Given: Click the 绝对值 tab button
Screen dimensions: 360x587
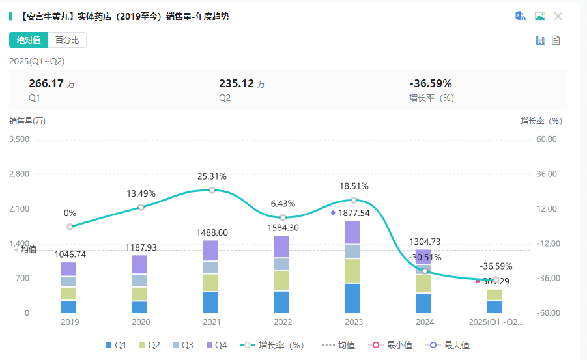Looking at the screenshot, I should pos(29,40).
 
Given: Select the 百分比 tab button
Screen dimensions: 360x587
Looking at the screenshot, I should pos(67,40).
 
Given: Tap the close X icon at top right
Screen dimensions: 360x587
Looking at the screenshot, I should pos(558,16).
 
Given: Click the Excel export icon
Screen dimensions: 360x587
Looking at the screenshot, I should pos(521,16).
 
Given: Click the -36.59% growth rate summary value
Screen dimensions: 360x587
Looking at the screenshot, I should pos(430,83).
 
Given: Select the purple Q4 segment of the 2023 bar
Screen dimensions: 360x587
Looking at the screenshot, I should pos(352,232).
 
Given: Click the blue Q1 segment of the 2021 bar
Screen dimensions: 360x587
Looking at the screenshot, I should pos(210,303).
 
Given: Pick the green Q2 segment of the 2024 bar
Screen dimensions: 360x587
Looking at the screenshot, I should pos(423,284).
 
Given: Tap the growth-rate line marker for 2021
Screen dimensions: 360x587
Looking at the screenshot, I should pos(212,190).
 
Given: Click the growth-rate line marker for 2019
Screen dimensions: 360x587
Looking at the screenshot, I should pos(70,227).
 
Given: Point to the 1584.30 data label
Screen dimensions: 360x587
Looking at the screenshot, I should pos(283,228).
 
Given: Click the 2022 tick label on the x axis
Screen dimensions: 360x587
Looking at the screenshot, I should pos(283,322).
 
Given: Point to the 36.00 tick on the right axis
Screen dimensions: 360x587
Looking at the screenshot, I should pos(547,174).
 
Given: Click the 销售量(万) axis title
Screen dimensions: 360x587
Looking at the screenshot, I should pos(27,120).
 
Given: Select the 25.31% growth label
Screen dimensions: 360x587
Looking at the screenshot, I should pos(212,176).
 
